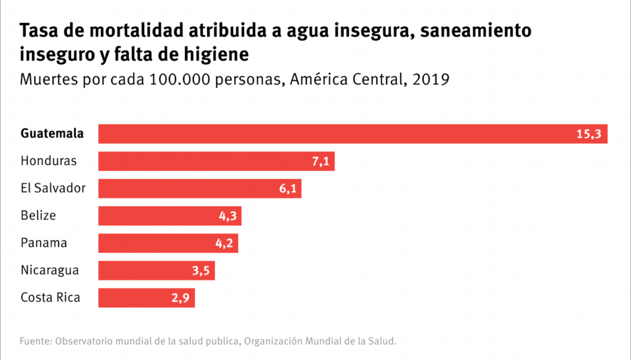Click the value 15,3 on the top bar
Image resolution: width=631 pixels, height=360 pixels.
pos(588,134)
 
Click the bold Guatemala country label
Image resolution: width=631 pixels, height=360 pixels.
pos(52,134)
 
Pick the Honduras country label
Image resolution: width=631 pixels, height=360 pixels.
pos(49,161)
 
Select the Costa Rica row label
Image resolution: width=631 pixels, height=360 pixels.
pos(51,298)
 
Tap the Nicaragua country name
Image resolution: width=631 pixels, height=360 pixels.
pos(50,270)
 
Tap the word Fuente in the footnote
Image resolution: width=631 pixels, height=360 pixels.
pos(35,340)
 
